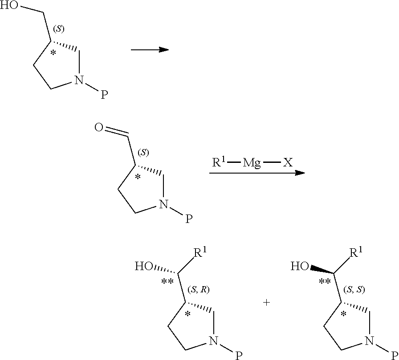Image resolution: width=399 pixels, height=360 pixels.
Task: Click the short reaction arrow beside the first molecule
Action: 150,49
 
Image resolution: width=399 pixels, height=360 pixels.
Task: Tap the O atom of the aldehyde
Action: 99,129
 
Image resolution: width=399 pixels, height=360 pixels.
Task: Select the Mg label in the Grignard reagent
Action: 252,163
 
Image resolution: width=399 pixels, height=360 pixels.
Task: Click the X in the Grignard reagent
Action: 288,163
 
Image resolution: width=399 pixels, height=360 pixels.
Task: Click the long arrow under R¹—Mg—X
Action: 257,173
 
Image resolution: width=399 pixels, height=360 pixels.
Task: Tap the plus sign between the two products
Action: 266,303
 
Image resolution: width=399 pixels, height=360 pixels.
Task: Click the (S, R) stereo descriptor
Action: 199,290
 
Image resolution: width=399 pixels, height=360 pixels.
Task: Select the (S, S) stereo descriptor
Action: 354,290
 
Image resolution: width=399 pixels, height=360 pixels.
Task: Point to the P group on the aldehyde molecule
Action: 189,219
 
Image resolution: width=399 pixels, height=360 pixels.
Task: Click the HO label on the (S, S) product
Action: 299,267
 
